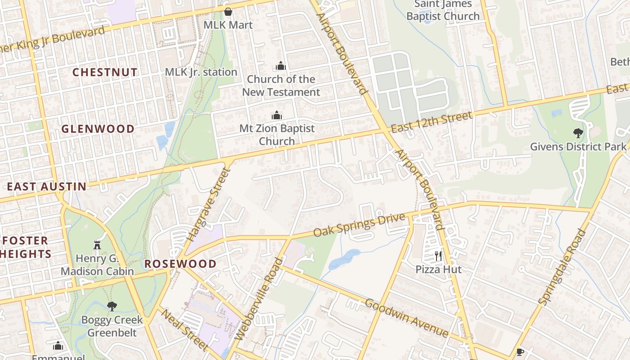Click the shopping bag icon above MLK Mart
pyautogui.click(x=228, y=12)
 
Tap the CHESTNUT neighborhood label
pyautogui.click(x=105, y=72)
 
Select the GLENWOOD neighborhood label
pyautogui.click(x=98, y=129)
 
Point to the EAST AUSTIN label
pyautogui.click(x=47, y=186)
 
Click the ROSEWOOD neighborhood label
pyautogui.click(x=180, y=264)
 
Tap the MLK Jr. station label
pyautogui.click(x=201, y=72)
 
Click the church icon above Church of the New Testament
pyautogui.click(x=281, y=67)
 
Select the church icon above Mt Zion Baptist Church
pyautogui.click(x=276, y=116)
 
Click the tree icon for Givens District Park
pyautogui.click(x=578, y=133)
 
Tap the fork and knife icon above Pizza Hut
pyautogui.click(x=438, y=256)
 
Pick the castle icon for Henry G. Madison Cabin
pyautogui.click(x=97, y=245)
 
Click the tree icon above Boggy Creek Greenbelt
pyautogui.click(x=112, y=306)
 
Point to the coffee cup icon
pyautogui.click(x=520, y=352)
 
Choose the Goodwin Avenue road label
pyautogui.click(x=406, y=318)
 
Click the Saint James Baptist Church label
pyautogui.click(x=443, y=10)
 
